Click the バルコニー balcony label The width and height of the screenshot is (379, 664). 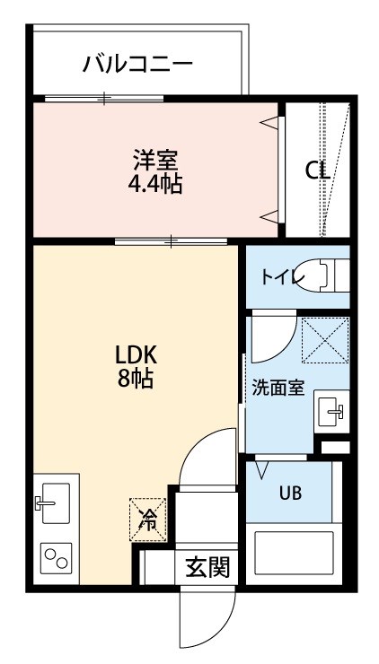tap(137, 64)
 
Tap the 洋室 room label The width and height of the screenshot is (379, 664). tap(155, 161)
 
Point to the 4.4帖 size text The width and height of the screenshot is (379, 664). tap(155, 184)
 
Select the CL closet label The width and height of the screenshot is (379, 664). tap(318, 170)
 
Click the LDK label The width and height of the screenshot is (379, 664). tap(137, 356)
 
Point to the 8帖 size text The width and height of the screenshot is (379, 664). tap(136, 379)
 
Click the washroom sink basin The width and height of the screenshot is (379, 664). tap(331, 412)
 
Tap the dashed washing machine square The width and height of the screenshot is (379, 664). tap(325, 340)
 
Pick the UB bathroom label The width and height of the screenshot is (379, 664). tap(290, 493)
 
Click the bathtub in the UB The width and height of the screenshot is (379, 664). tap(295, 553)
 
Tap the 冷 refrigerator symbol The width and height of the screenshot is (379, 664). tap(147, 520)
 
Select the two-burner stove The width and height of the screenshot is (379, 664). tap(56, 558)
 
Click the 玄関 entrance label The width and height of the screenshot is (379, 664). tap(207, 567)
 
